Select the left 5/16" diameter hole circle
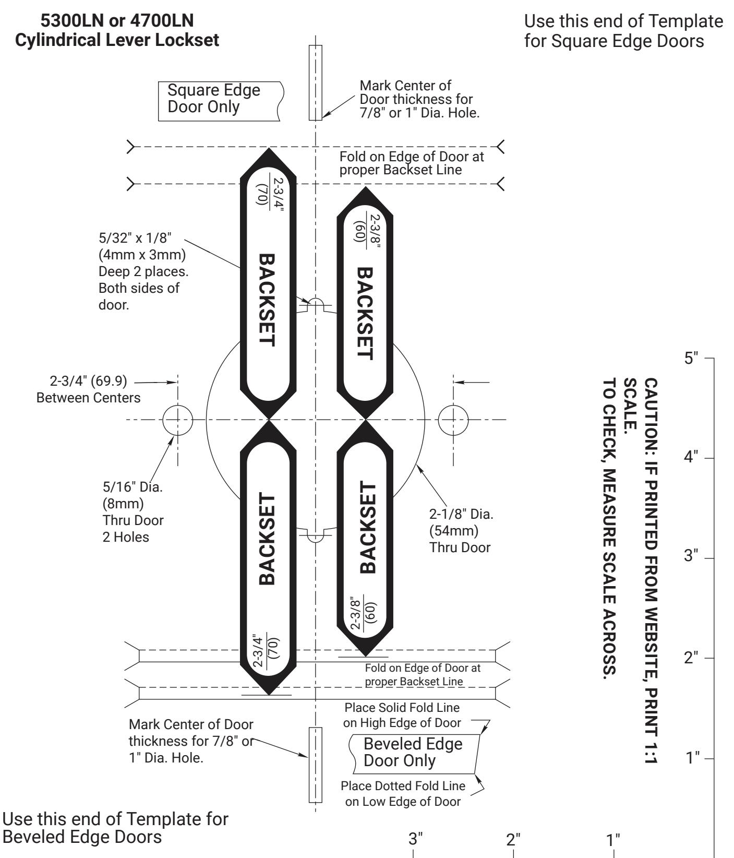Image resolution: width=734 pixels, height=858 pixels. click(x=177, y=420)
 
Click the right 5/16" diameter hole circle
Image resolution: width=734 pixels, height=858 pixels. click(x=453, y=420)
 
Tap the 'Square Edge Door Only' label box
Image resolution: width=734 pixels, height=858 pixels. click(x=221, y=101)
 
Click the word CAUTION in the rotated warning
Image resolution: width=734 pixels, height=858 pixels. click(x=651, y=413)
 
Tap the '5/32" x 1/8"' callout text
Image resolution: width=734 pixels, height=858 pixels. click(x=135, y=238)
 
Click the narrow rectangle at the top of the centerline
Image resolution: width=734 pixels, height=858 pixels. click(x=315, y=82)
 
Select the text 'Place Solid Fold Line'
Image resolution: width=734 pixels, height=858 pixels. click(x=402, y=708)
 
